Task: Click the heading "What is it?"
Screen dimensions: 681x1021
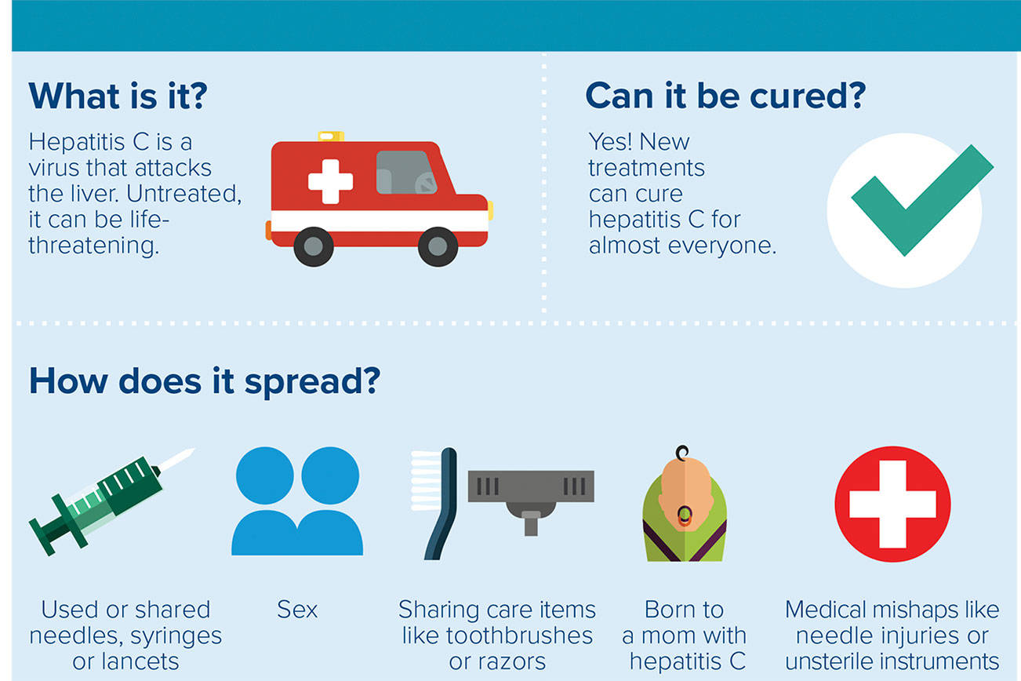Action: click(117, 96)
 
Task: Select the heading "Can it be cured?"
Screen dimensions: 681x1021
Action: click(725, 96)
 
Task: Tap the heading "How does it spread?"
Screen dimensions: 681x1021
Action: click(204, 381)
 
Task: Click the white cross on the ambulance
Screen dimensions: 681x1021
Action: click(330, 181)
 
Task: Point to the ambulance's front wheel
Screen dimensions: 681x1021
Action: click(438, 246)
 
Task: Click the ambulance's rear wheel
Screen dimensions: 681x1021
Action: click(314, 246)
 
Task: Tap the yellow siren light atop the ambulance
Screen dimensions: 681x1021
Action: click(331, 137)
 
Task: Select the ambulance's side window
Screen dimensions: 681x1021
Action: click(406, 173)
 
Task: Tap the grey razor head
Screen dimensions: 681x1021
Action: click(530, 486)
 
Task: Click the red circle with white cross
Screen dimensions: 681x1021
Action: click(892, 504)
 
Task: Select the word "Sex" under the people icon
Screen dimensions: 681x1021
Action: click(297, 610)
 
